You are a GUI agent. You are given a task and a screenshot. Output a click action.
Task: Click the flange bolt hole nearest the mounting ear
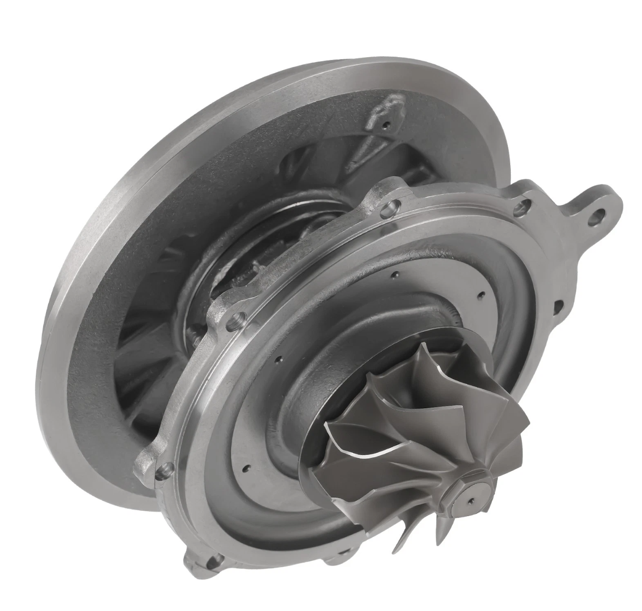click(x=520, y=207)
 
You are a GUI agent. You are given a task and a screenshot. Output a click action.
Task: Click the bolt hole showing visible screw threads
click(x=237, y=320)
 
